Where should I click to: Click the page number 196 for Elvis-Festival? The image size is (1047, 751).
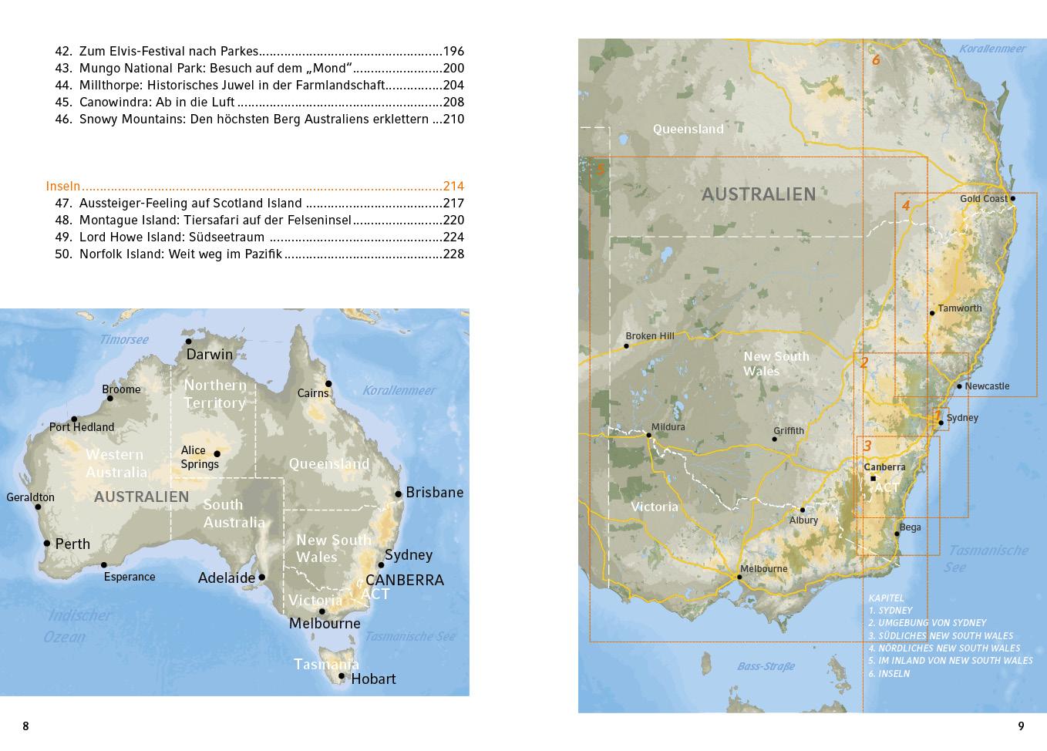click(x=453, y=52)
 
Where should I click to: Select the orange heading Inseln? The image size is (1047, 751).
click(x=63, y=186)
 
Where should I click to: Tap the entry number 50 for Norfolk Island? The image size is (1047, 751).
click(x=63, y=254)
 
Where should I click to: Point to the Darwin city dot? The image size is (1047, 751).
click(x=189, y=342)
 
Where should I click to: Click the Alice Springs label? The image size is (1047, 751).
click(x=200, y=457)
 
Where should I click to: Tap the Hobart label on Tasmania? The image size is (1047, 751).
click(x=373, y=679)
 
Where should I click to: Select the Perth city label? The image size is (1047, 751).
click(x=72, y=544)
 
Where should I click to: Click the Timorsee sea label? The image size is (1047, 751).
click(x=123, y=339)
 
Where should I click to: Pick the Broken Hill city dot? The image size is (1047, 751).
click(x=626, y=346)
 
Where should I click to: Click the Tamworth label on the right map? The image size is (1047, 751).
click(x=960, y=308)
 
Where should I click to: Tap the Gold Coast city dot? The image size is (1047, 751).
click(x=1012, y=198)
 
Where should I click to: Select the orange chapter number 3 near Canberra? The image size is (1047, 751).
click(x=867, y=446)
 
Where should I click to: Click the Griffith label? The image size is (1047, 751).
click(x=789, y=431)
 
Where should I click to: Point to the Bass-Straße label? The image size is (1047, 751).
click(x=766, y=666)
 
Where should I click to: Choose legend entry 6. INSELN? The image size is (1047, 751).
click(x=889, y=673)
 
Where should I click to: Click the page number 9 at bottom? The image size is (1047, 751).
click(x=1022, y=726)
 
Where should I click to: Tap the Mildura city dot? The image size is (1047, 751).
click(x=649, y=436)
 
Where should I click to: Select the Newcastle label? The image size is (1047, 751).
click(x=987, y=386)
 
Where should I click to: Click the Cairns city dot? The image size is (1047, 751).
click(x=328, y=383)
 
